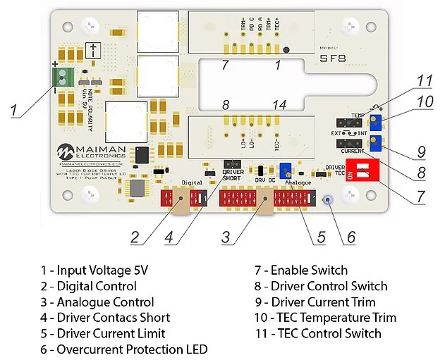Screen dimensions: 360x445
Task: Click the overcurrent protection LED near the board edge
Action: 327,201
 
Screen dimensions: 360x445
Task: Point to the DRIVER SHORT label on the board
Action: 232,175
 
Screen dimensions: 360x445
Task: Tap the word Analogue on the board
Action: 298,182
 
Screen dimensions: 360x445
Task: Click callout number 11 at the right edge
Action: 423,80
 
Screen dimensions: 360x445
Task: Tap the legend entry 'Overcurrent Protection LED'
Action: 123,349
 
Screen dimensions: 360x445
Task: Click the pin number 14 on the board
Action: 279,105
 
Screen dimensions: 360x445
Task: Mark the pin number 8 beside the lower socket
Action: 226,105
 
